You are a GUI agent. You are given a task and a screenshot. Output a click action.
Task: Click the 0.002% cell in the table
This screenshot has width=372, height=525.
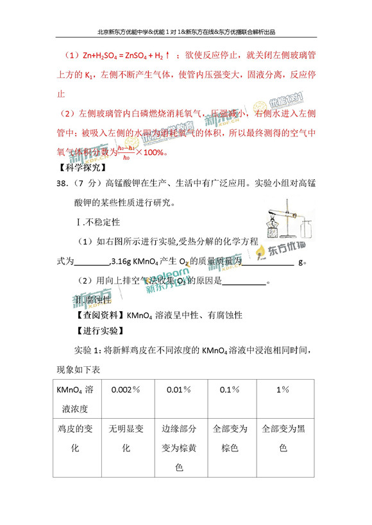(x=126, y=389)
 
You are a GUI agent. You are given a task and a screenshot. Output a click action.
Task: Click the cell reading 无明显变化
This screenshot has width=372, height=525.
(x=126, y=439)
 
